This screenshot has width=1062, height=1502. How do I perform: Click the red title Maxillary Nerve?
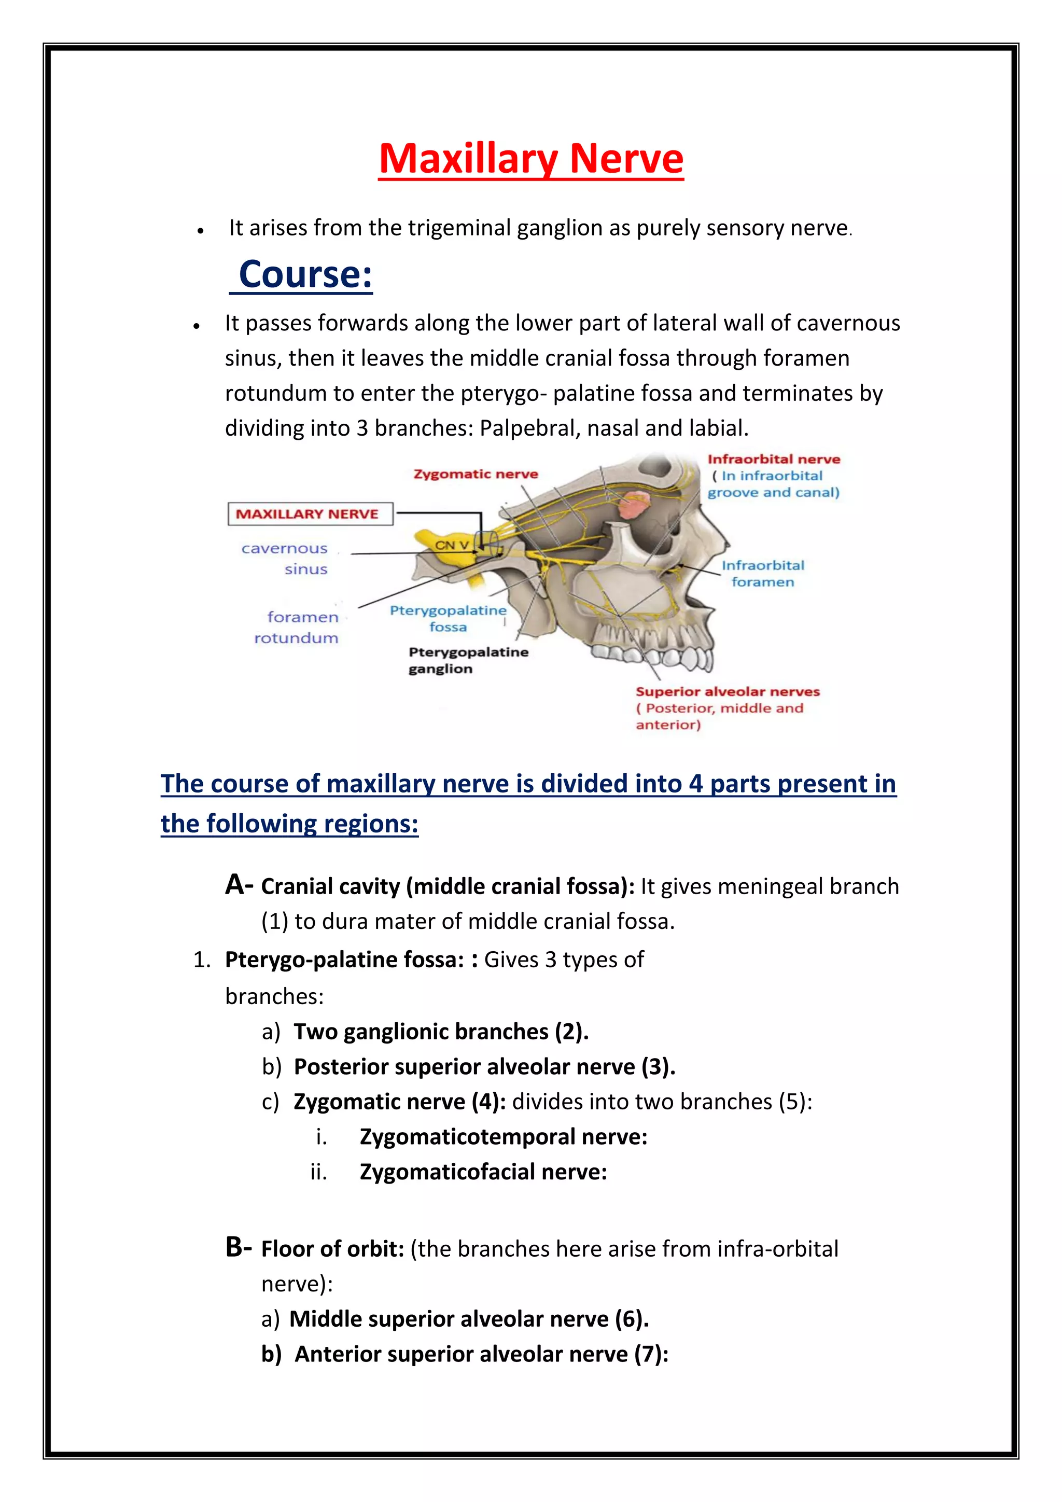[x=531, y=159]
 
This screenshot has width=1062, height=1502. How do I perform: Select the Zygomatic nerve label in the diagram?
[x=476, y=474]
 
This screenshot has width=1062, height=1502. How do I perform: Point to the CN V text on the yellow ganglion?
[x=452, y=545]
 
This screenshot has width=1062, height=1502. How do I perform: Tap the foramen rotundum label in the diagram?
[x=298, y=627]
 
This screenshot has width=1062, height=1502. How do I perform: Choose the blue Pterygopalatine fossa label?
[x=448, y=618]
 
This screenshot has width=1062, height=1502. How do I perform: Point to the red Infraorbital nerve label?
[x=773, y=459]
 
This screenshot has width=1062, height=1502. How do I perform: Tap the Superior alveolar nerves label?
[x=727, y=691]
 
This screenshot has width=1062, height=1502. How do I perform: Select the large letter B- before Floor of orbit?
[x=238, y=1247]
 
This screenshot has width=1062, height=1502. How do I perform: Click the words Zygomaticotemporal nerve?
[x=503, y=1136]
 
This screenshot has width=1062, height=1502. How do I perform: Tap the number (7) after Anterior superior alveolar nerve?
[x=647, y=1354]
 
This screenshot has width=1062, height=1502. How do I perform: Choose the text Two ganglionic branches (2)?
[x=441, y=1032]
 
